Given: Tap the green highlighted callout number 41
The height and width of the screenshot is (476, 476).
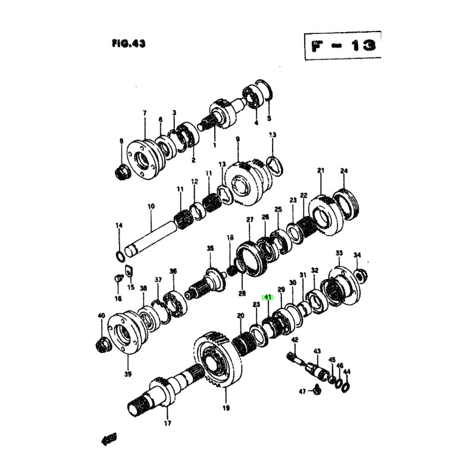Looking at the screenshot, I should (268, 297).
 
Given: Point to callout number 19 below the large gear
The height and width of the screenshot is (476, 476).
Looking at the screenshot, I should (226, 408).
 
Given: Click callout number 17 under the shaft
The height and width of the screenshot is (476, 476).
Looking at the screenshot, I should (167, 424).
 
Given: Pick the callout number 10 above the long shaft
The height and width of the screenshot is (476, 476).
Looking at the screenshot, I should (151, 206).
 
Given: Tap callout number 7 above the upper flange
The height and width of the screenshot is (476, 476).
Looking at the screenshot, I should (144, 112).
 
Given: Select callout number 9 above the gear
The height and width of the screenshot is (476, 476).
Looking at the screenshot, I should (237, 140).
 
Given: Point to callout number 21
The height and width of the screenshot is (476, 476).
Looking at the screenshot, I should (321, 171).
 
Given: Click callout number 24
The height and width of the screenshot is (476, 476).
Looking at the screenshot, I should (343, 171).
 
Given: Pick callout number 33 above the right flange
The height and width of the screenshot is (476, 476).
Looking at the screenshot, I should (339, 253).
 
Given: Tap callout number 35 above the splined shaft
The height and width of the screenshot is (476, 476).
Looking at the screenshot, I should (209, 248).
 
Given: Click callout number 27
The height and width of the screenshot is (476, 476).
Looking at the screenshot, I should (250, 220).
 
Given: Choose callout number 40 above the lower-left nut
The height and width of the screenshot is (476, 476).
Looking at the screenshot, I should (101, 315).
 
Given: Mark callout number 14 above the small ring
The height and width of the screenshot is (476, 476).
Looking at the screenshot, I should (118, 226).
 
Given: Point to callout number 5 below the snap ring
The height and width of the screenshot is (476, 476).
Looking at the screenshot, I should (268, 118).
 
